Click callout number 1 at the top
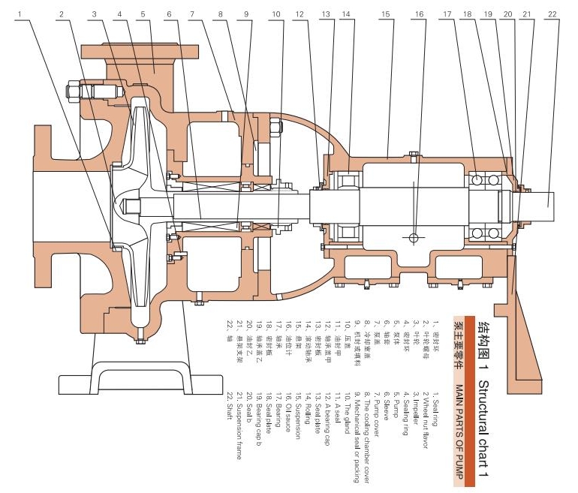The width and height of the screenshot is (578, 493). (31, 14)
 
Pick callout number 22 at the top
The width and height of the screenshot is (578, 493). (552, 14)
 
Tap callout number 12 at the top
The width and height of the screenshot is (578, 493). (300, 14)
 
